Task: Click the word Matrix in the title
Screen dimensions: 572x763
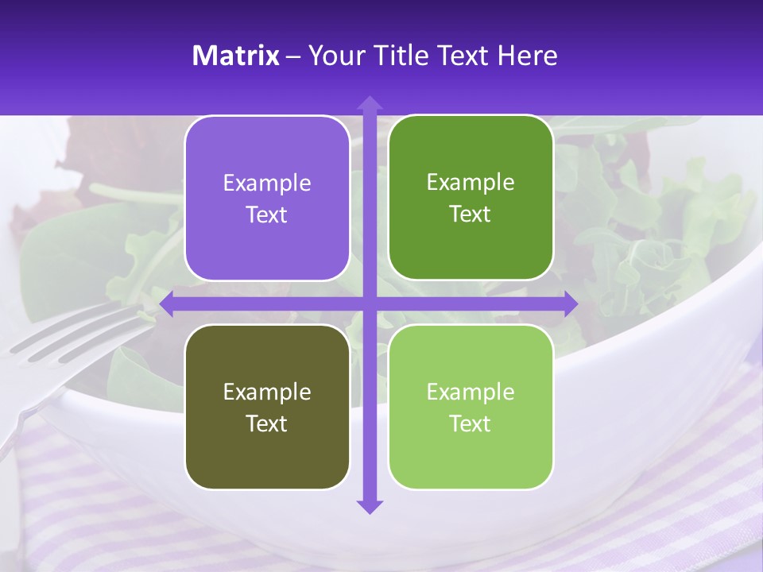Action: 236,56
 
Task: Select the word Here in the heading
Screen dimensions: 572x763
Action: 527,56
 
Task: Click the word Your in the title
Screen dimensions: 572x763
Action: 336,56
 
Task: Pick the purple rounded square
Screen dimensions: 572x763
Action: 267,198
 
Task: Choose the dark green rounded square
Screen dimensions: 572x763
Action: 471,198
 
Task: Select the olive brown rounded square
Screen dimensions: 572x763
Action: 267,407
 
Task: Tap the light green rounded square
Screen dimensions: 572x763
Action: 471,407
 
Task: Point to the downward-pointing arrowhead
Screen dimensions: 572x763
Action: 370,506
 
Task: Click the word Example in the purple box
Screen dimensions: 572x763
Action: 267,184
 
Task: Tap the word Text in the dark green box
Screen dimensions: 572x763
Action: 471,214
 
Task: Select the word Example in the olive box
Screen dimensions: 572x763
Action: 267,392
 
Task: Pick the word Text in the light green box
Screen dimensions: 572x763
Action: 471,423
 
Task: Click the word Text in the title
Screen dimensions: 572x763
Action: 461,56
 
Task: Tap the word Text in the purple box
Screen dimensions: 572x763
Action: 267,215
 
